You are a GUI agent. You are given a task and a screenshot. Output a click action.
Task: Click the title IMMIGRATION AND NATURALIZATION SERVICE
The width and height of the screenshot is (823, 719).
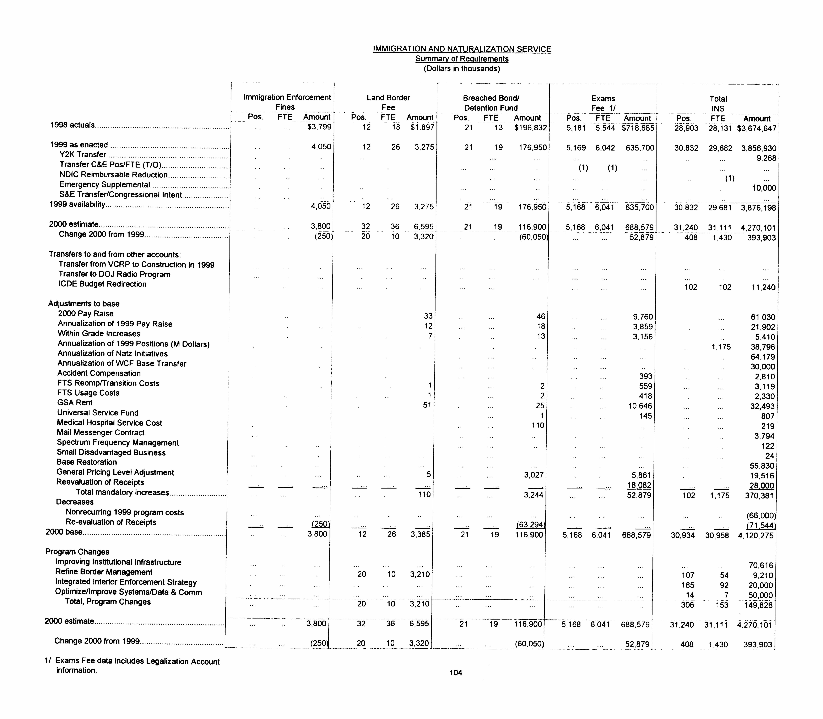pos(461,49)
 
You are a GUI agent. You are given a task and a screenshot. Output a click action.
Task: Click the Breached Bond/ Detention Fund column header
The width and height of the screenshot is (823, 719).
pos(491,103)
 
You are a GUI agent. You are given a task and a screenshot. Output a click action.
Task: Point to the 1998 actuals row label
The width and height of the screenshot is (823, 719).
pos(72,125)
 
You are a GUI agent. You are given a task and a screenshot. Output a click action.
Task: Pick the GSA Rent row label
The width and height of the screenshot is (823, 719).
pos(75,402)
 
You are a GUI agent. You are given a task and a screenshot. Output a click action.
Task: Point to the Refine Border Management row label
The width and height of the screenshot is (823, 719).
pos(104,572)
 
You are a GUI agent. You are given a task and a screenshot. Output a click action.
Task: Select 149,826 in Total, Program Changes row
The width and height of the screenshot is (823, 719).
pos(758,605)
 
